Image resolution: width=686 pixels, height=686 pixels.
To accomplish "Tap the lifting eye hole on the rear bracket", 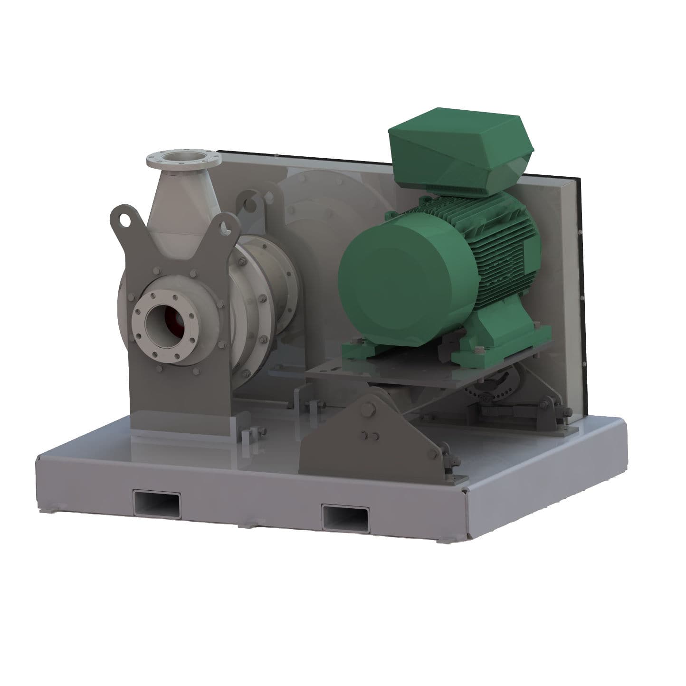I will click(248, 205).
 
